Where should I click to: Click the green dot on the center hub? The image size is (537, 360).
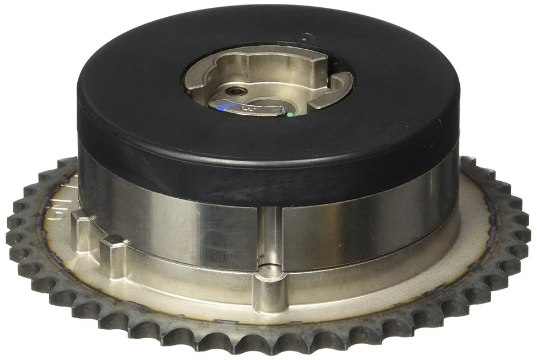click(290, 115)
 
